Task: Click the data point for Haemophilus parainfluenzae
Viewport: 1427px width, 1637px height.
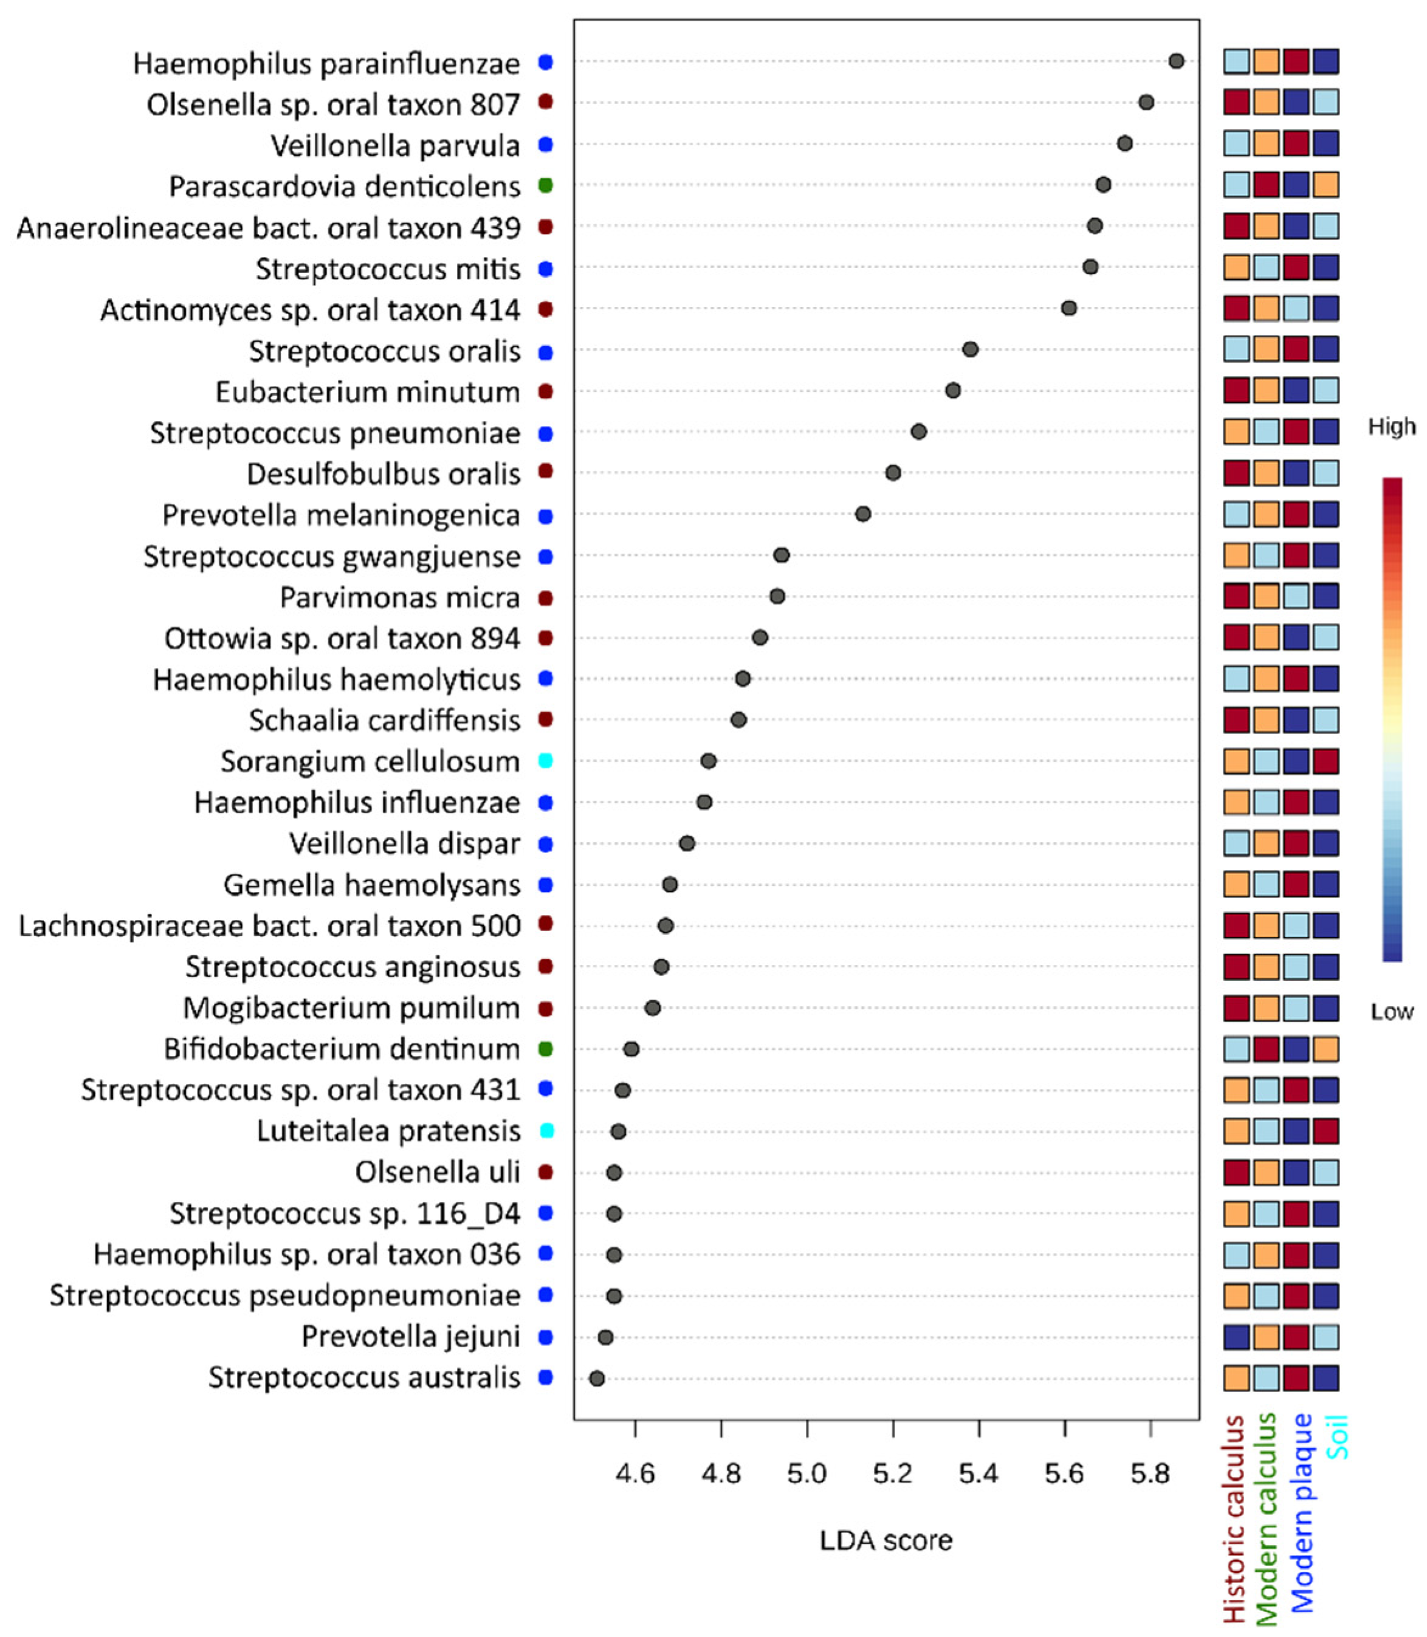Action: [1175, 61]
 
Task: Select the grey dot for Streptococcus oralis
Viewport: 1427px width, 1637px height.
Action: [970, 349]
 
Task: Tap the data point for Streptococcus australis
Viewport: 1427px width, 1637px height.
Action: [596, 1378]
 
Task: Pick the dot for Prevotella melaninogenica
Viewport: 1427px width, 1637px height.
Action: [862, 514]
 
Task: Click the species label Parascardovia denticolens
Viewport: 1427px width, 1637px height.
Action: [344, 187]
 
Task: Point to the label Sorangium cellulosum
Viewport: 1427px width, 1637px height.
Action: [370, 762]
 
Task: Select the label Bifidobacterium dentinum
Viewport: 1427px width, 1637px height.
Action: [342, 1049]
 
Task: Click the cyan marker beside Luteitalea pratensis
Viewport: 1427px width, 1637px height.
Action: [546, 1131]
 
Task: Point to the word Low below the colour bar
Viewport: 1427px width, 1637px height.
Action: [1391, 1012]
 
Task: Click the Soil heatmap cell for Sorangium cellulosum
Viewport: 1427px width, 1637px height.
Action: [1326, 761]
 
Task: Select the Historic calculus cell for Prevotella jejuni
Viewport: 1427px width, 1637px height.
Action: [1237, 1337]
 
